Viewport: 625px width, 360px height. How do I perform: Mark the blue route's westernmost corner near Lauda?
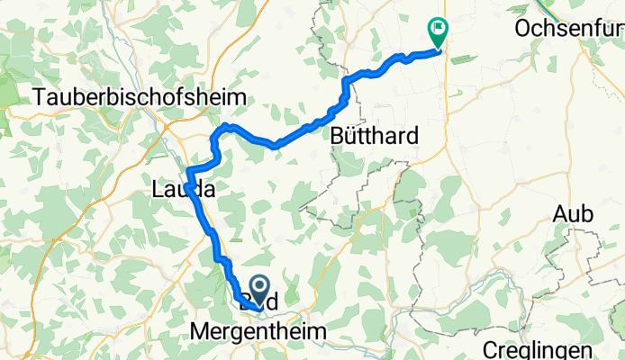187,172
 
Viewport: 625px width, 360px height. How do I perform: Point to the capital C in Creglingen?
489,349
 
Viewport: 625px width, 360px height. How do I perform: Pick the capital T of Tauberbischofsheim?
39,97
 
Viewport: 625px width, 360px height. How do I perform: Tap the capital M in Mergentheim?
200,332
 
